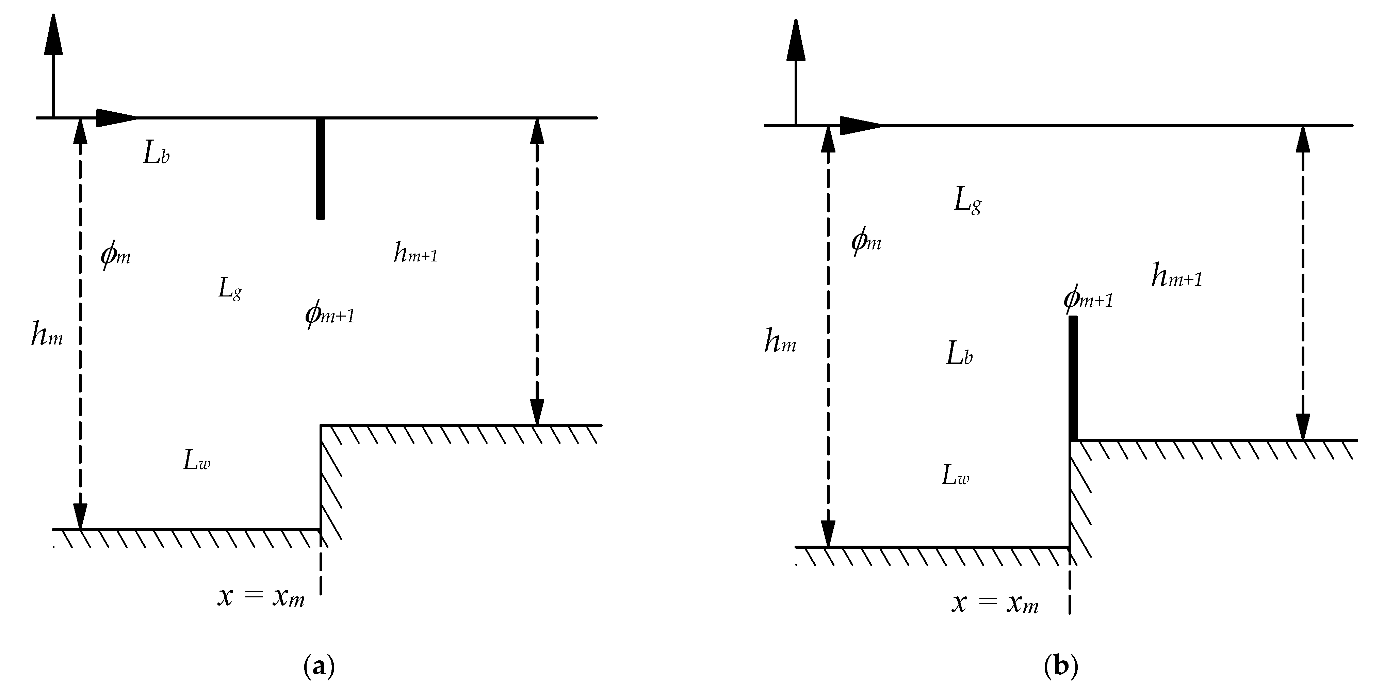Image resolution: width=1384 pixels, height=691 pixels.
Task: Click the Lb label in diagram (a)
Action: pyautogui.click(x=156, y=154)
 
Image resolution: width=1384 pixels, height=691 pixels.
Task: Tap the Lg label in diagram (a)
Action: pyautogui.click(x=229, y=289)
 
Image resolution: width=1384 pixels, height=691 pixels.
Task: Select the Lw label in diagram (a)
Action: pyautogui.click(x=197, y=461)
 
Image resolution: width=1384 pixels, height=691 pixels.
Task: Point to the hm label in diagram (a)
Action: pyautogui.click(x=47, y=336)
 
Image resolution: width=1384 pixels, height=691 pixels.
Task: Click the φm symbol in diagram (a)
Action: pyautogui.click(x=115, y=255)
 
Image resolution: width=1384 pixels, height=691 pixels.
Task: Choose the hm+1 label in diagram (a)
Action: pyautogui.click(x=415, y=253)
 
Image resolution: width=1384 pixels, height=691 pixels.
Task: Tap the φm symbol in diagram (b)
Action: pyautogui.click(x=866, y=241)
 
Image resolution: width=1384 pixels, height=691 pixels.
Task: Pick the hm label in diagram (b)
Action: pyautogui.click(x=780, y=341)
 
